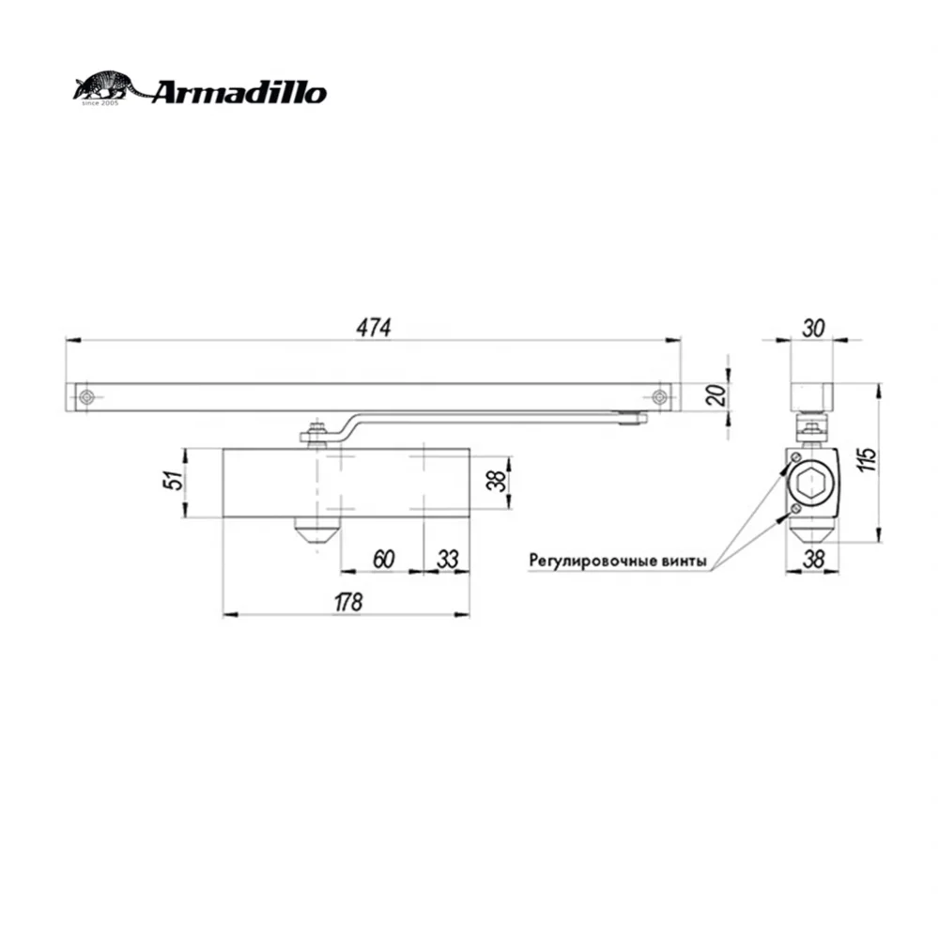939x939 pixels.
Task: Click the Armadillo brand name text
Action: (x=239, y=93)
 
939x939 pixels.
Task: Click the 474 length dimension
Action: (x=373, y=327)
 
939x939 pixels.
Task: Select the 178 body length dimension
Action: (x=347, y=602)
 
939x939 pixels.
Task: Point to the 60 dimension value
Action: (x=383, y=558)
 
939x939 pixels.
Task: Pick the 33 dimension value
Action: (x=448, y=558)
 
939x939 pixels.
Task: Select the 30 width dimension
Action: (x=813, y=327)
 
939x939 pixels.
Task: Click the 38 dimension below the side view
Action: (x=813, y=558)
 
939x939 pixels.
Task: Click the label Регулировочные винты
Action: (x=616, y=561)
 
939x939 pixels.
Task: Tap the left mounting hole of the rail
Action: (x=86, y=397)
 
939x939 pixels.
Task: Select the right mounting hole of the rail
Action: (x=660, y=397)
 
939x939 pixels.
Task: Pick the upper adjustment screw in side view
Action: (x=794, y=457)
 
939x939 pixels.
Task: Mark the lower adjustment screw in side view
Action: (x=794, y=508)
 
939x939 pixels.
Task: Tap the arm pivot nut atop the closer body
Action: (x=316, y=435)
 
